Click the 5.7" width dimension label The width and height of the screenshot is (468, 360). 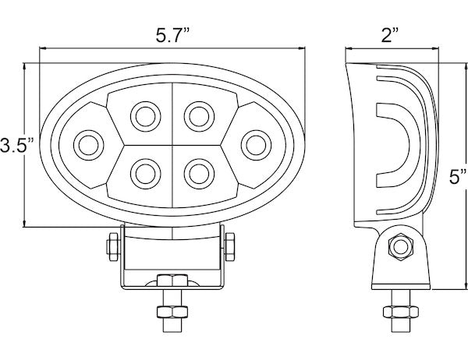coord(172,35)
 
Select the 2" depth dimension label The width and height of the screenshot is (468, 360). coord(390,35)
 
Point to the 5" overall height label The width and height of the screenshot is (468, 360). coord(458,177)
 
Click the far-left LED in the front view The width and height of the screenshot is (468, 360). coord(89,145)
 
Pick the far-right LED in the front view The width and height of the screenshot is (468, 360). coord(256,145)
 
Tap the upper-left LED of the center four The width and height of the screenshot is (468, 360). coord(146,116)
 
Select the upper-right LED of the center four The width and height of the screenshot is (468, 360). coord(199,116)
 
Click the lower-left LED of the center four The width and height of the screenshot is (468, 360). coord(146,174)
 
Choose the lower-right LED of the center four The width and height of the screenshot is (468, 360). coord(199,174)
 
